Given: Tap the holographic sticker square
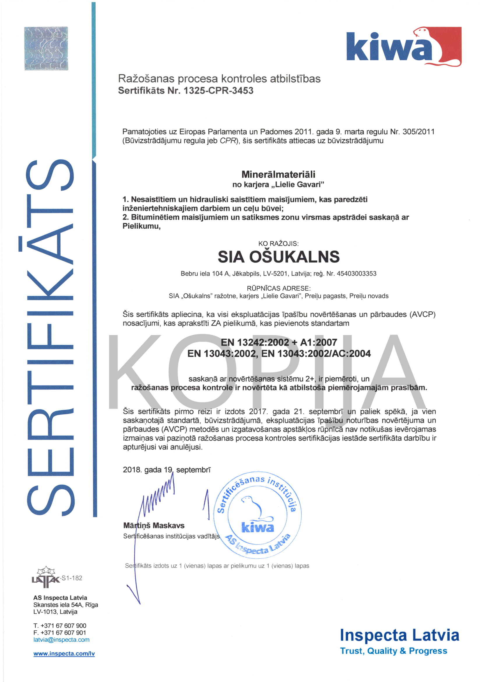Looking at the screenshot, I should coord(46,48).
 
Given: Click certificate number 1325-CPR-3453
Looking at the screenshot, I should coord(218,90).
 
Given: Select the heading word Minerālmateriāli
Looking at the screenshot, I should coord(278,174).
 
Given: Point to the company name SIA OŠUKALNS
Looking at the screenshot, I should coord(278,257).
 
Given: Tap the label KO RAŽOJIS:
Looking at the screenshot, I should coord(278,243).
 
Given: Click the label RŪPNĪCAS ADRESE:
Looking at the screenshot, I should coord(278,288).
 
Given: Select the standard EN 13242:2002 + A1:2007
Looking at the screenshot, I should coord(279,343).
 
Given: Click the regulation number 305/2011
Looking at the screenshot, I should coord(418,132).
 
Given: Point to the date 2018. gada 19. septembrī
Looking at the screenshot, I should coord(166,470).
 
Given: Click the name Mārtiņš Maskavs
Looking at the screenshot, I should coord(154,525).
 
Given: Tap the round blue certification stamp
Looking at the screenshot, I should coord(257,515).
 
